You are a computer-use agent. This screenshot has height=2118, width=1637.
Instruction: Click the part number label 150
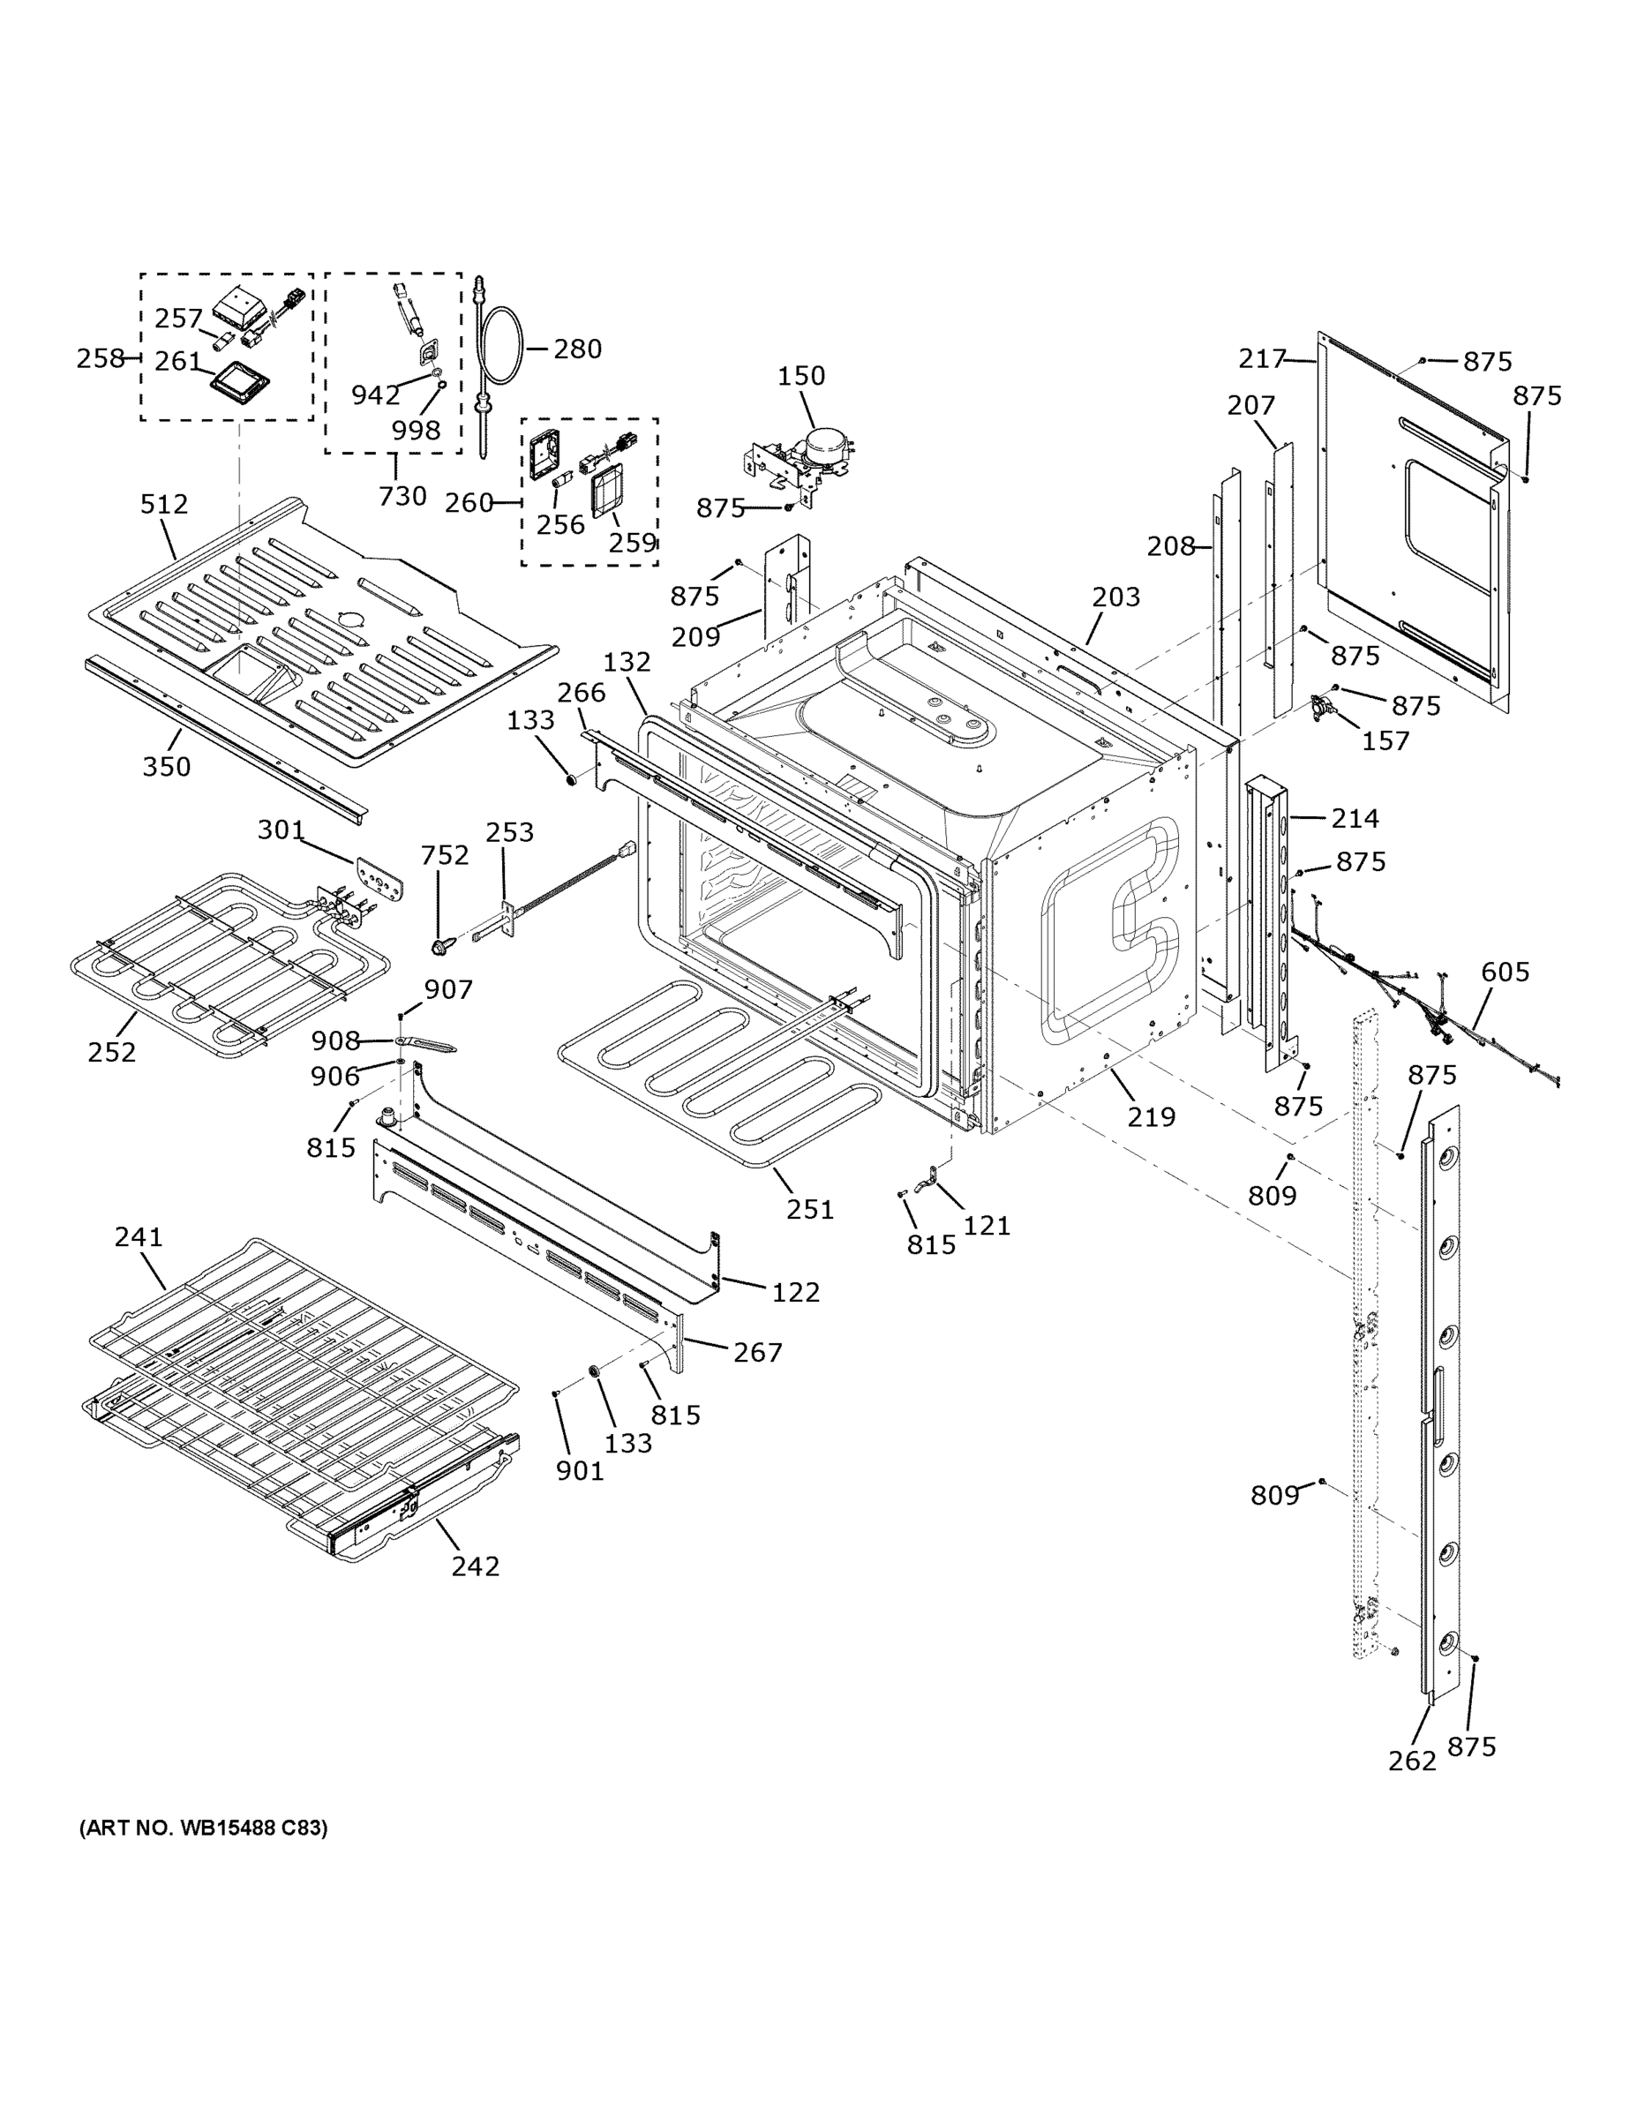pos(801,375)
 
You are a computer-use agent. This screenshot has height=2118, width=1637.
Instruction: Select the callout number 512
pos(164,503)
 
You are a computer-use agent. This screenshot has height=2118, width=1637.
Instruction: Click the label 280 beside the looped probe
pos(577,349)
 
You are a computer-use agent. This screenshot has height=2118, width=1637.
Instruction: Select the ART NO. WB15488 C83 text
pos(204,1828)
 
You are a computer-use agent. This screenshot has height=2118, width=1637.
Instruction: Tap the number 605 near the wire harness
pos(1506,971)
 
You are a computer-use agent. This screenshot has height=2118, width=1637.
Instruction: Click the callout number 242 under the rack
pos(475,1566)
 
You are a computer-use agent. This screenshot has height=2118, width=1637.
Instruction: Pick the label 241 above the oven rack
pos(139,1236)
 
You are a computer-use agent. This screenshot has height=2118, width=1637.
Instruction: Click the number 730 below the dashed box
pos(402,496)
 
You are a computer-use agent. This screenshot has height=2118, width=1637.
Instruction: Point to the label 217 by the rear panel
pos(1262,359)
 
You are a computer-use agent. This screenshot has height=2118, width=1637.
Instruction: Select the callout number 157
pos(1385,741)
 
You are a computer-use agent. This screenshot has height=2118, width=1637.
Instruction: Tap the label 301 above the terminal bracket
pos(281,830)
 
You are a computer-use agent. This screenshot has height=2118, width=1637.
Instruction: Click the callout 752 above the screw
pos(444,854)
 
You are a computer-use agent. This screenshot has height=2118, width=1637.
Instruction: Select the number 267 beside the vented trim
pos(757,1352)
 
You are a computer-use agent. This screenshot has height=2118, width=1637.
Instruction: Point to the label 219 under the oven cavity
pos(1151,1117)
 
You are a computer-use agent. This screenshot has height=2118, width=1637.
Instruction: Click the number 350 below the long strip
pos(166,766)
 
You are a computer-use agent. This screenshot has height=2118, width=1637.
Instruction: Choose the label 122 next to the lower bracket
pos(795,1292)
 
